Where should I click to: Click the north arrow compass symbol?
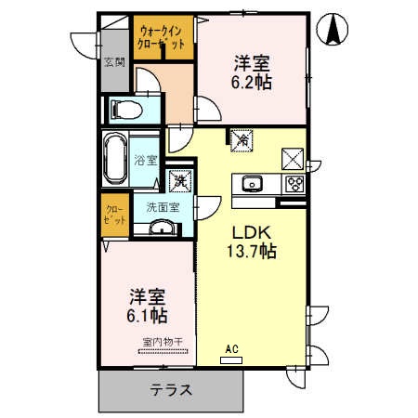(x=332, y=30)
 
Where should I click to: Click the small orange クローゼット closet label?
(x=114, y=213)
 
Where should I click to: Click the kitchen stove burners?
(x=294, y=182)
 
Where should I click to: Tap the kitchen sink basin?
(x=253, y=182)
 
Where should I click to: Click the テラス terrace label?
(x=172, y=390)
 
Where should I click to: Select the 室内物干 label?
(x=161, y=341)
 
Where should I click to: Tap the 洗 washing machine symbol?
(x=178, y=179)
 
